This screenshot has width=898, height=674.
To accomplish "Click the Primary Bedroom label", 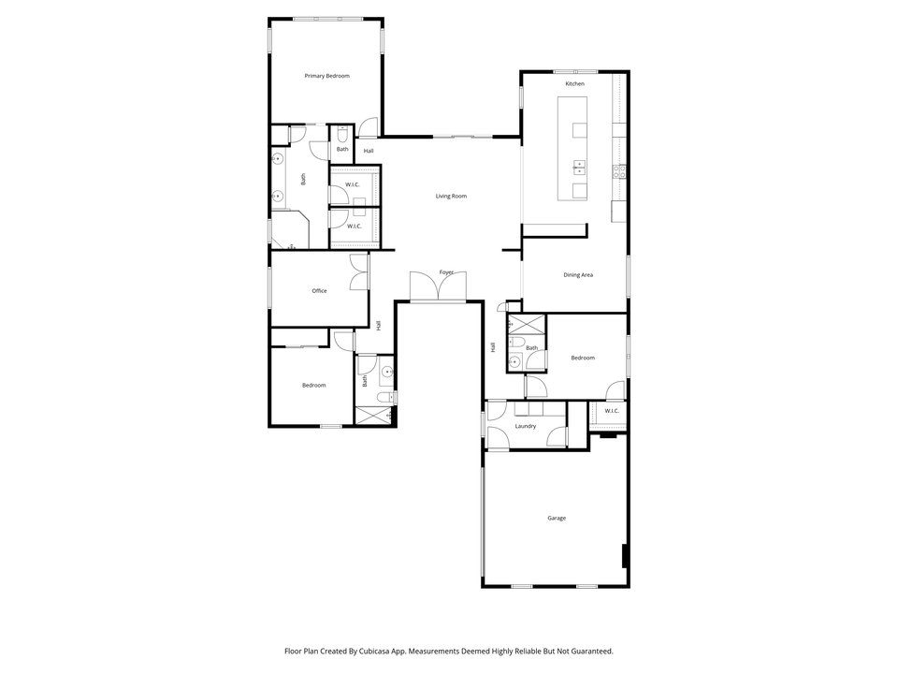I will point(326,76).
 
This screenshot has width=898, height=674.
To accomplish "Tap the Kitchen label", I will point(574,84).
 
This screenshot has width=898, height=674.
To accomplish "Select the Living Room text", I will point(451,197).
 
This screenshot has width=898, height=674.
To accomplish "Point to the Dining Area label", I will point(578,275).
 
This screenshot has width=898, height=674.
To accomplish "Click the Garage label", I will point(557,518).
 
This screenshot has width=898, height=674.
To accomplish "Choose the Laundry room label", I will point(526,427).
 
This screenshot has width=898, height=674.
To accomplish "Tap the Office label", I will point(319,291).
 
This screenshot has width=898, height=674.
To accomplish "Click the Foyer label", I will point(447,272).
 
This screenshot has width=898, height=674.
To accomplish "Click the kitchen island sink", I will point(579,168).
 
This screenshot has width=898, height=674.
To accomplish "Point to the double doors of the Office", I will point(358,271).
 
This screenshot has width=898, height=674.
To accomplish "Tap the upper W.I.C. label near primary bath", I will point(353,184).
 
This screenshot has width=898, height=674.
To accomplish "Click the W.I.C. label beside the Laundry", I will point(612,411).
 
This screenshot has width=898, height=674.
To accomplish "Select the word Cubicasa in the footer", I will point(378,651).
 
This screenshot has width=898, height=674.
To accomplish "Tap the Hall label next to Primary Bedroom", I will point(369,151).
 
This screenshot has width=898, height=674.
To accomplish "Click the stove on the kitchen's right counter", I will point(618,171).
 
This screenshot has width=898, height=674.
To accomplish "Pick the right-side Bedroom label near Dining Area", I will point(583,358).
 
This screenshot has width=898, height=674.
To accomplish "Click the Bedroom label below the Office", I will point(313,386).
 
